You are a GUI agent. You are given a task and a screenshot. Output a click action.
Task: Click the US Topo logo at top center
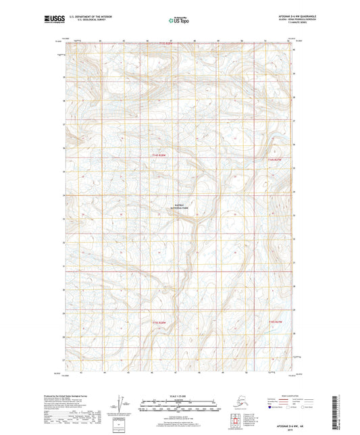point(179,21)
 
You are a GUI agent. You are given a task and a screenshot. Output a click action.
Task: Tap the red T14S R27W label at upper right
point(268,159)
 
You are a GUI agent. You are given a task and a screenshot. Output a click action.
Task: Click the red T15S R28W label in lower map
point(157,322)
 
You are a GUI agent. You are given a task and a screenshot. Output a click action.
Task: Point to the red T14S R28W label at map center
point(157,156)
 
